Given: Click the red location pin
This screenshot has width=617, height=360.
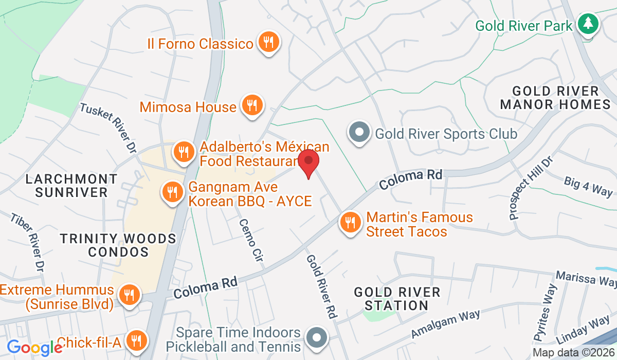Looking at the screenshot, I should tap(308, 160).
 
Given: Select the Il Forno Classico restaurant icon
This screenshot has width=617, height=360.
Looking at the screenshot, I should tap(268, 42).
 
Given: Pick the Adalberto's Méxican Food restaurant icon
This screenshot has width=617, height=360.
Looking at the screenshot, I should tap(183, 152).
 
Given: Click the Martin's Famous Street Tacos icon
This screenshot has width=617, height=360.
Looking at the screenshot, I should tap(350, 223).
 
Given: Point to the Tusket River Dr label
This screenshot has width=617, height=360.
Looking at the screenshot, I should tap(108, 127).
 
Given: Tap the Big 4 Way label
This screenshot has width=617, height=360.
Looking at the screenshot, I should tap(588, 186).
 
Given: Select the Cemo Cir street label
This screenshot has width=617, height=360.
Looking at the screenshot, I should tap(251, 241).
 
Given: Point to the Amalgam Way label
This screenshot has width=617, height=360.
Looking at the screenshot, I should tap(445, 324).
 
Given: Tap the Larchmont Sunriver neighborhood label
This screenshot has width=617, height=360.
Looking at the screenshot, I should tap(72, 186).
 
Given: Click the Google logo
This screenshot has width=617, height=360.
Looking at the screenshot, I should tap(34, 348).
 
